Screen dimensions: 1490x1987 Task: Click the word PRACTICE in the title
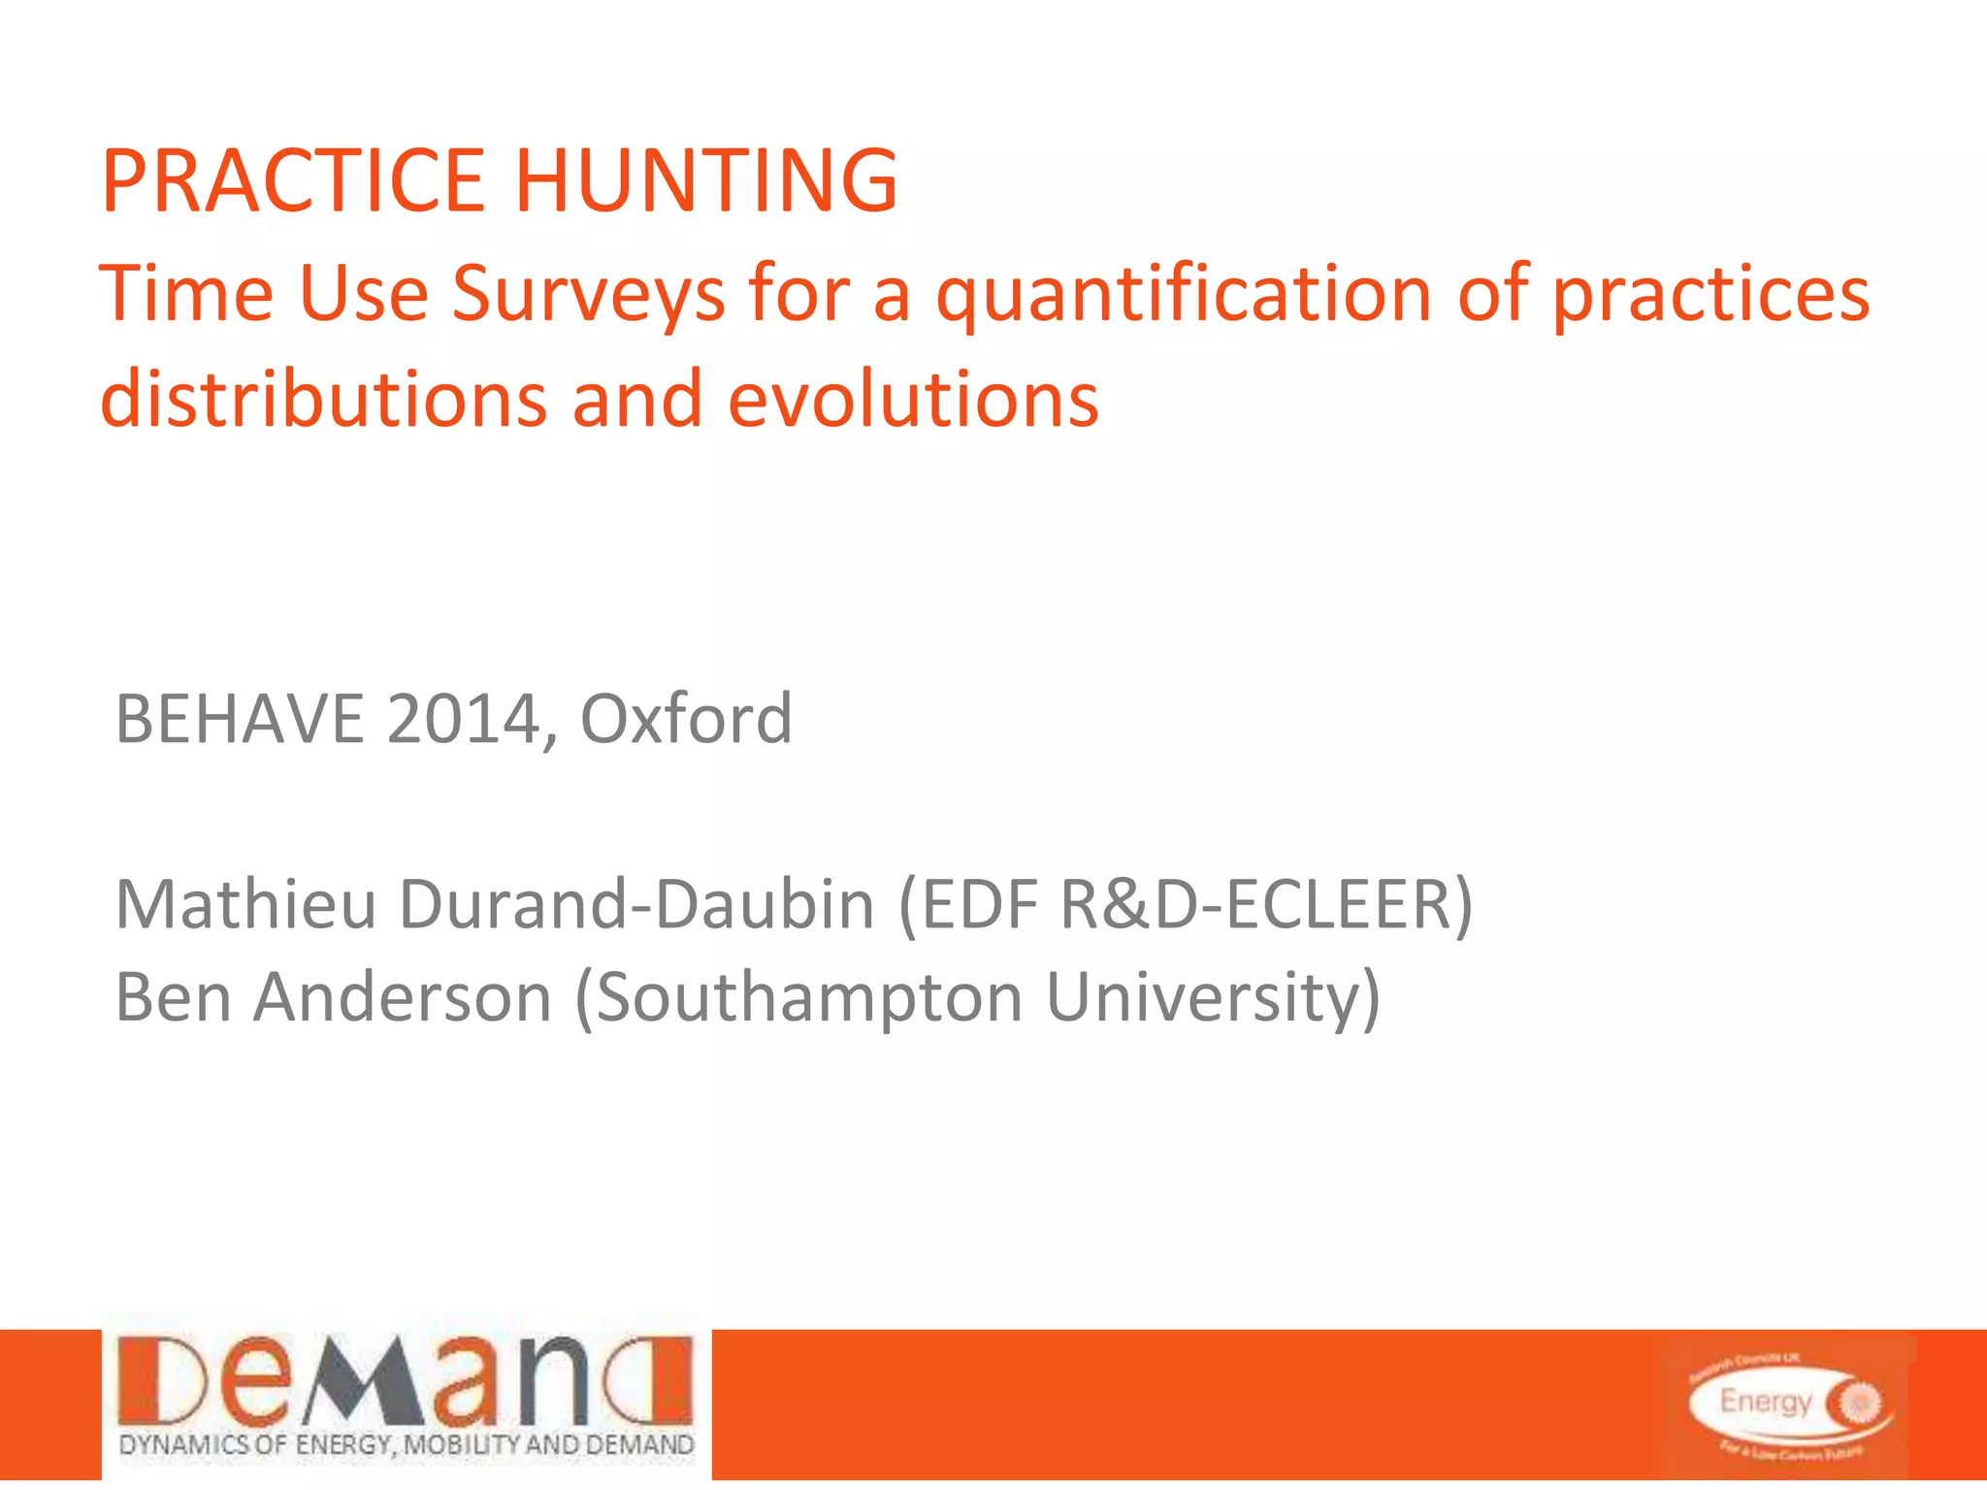pyautogui.click(x=291, y=180)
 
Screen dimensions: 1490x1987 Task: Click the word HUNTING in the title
pyautogui.click(x=705, y=180)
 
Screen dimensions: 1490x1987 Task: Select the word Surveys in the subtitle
pyautogui.click(x=588, y=294)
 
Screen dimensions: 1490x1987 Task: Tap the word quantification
pyautogui.click(x=1184, y=294)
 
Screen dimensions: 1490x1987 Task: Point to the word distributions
pyautogui.click(x=324, y=399)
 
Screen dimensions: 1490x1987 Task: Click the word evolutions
pyautogui.click(x=913, y=399)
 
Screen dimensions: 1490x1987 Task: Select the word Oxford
pyautogui.click(x=686, y=720)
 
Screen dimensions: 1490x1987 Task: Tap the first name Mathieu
pyautogui.click(x=245, y=904)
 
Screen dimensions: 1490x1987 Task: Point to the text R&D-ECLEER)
pyautogui.click(x=1267, y=904)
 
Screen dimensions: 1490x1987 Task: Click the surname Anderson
pyautogui.click(x=403, y=997)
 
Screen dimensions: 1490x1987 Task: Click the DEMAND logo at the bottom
pyautogui.click(x=406, y=1382)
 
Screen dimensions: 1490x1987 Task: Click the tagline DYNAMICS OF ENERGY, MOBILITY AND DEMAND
pyautogui.click(x=406, y=1445)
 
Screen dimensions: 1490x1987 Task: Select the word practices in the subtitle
pyautogui.click(x=1710, y=294)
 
